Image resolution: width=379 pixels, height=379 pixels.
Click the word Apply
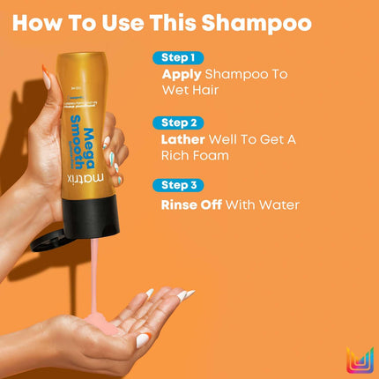183,75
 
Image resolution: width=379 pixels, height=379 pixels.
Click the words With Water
267,204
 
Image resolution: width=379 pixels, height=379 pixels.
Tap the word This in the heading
180,25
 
